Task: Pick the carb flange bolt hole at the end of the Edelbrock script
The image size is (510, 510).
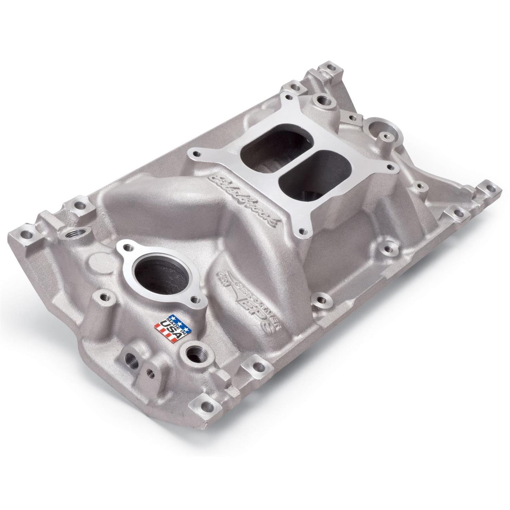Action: (x=301, y=231)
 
